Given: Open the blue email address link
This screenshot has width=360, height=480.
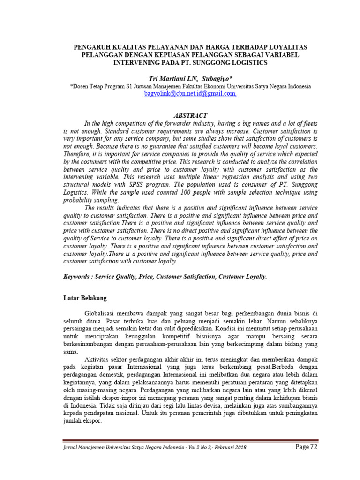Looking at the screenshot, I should [x=190, y=94].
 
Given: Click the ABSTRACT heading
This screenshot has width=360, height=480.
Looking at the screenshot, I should [x=190, y=115].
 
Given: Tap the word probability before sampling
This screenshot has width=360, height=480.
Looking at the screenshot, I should [x=79, y=200].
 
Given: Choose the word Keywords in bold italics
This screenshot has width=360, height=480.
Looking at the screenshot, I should [x=77, y=277].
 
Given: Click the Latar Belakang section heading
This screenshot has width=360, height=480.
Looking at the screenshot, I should [x=85, y=298].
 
